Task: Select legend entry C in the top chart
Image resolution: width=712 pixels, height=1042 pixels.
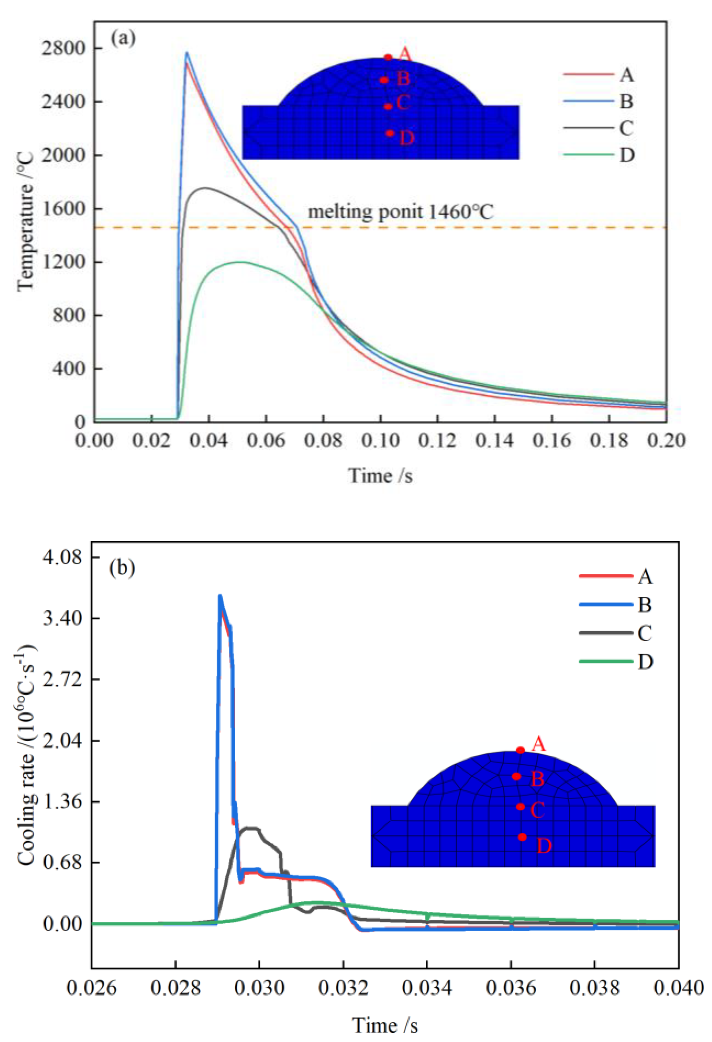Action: (x=626, y=128)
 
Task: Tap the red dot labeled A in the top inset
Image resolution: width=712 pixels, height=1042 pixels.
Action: (x=388, y=57)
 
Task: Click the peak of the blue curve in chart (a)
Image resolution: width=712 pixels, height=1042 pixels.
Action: (x=187, y=52)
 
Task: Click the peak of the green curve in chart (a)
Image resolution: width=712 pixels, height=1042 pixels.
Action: (x=241, y=262)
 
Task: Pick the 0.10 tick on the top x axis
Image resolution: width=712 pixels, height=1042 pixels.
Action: (x=381, y=440)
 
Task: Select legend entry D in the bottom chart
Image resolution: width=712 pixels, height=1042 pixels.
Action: (x=645, y=661)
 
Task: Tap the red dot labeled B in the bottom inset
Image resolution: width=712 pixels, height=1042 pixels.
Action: (x=516, y=776)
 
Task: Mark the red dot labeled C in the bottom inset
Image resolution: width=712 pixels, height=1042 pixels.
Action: (x=520, y=806)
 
